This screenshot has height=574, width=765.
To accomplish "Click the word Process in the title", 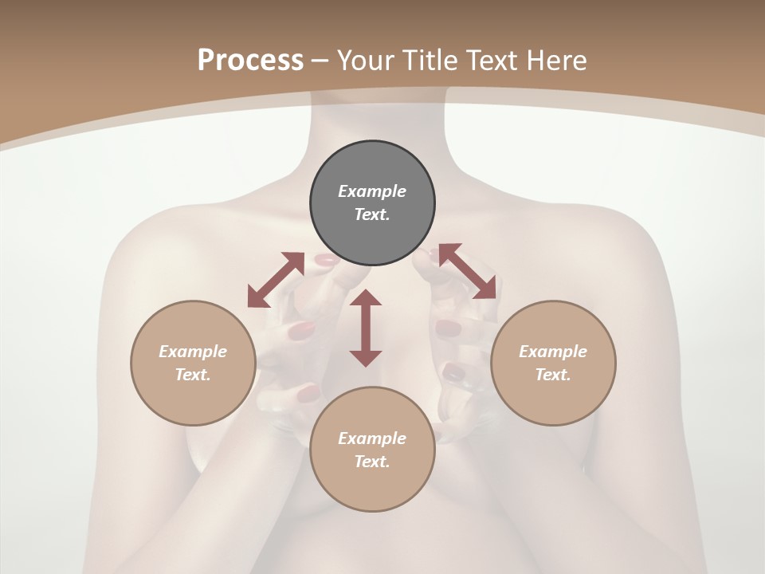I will pyautogui.click(x=250, y=60).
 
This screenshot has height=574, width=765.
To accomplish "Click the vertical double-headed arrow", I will pyautogui.click(x=366, y=328).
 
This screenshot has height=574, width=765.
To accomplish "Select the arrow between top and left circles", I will pyautogui.click(x=276, y=280).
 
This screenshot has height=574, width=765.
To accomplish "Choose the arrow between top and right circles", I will pyautogui.click(x=468, y=271).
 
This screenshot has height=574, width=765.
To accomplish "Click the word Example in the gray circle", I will pyautogui.click(x=372, y=191).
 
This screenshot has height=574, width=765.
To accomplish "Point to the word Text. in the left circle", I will pyautogui.click(x=193, y=375).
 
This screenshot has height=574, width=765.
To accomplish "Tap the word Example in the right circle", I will pyautogui.click(x=553, y=352).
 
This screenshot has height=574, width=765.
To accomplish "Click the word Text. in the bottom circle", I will pyautogui.click(x=372, y=462).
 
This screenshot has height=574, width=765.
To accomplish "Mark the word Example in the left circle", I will pyautogui.click(x=193, y=352).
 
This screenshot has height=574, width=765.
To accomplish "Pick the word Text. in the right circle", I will pyautogui.click(x=553, y=375).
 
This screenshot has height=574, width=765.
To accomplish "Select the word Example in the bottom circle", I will pyautogui.click(x=372, y=438).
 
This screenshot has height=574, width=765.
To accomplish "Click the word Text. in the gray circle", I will pyautogui.click(x=372, y=214).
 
